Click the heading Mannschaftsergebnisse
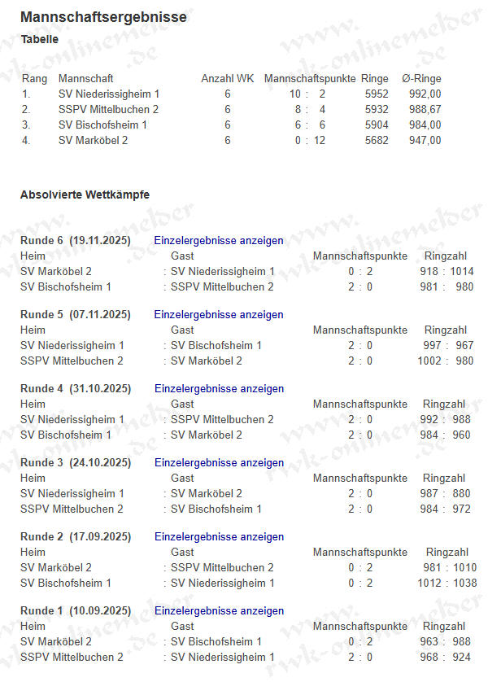pyautogui.click(x=103, y=17)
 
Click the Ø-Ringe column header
pyautogui.click(x=421, y=79)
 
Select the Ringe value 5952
pyautogui.click(x=376, y=94)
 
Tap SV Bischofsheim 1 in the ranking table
pyautogui.click(x=102, y=125)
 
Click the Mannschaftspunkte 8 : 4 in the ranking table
pyautogui.click(x=310, y=110)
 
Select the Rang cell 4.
pyautogui.click(x=26, y=141)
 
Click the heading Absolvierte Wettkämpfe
pyautogui.click(x=85, y=195)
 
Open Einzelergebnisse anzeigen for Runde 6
pyautogui.click(x=219, y=241)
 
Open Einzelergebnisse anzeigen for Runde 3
pyautogui.click(x=219, y=463)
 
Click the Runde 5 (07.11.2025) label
pyautogui.click(x=75, y=315)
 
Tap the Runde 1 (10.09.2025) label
pyautogui.click(x=75, y=611)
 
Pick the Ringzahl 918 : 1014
pyautogui.click(x=447, y=272)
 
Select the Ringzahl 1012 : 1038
pyautogui.click(x=448, y=584)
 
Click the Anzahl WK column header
pyautogui.click(x=228, y=79)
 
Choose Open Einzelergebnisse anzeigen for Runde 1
pyautogui.click(x=219, y=611)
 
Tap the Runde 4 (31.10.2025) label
pyautogui.click(x=75, y=389)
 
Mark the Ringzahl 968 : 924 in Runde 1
pyautogui.click(x=444, y=658)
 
